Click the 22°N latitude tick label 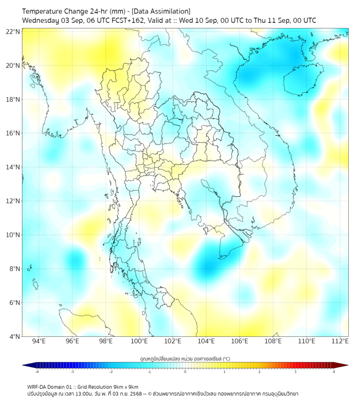click(x=13, y=32)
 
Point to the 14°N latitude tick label click(x=13, y=167)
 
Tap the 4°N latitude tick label click(x=14, y=336)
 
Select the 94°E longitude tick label click(x=39, y=342)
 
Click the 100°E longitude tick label click(x=139, y=342)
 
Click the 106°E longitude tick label click(x=240, y=342)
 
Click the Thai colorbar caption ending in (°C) click(x=185, y=358)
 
